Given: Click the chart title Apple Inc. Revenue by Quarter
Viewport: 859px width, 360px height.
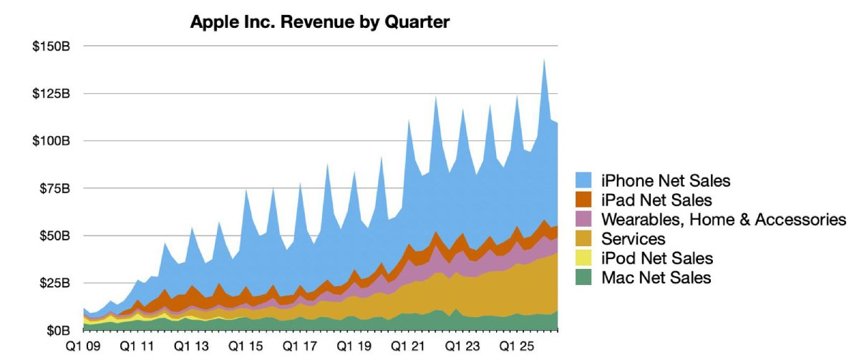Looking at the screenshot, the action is [x=320, y=22].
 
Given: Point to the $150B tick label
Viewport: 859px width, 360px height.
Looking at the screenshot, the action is [x=52, y=47].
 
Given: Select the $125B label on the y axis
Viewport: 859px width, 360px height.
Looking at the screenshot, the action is [x=52, y=94].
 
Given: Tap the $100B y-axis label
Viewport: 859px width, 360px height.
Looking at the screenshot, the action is [x=52, y=141].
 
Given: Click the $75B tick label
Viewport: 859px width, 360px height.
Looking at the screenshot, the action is [x=55, y=189].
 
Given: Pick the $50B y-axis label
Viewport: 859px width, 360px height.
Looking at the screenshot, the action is [x=55, y=235].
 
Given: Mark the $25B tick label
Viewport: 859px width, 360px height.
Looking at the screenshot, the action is [x=55, y=283].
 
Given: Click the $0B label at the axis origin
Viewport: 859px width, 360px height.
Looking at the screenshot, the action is [x=58, y=331].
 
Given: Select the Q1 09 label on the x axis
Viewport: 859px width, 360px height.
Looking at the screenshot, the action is [x=83, y=346].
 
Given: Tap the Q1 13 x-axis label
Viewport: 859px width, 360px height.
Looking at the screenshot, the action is [x=191, y=346].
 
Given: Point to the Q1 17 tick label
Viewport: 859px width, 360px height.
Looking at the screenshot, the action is [x=300, y=346].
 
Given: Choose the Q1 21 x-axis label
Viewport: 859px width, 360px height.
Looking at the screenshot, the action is [x=408, y=346].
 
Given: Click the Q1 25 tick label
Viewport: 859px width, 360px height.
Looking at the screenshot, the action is [x=517, y=346].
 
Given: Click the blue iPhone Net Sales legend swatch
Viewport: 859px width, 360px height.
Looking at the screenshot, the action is [x=583, y=180].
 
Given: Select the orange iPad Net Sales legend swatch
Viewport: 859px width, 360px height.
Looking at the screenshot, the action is [x=583, y=200].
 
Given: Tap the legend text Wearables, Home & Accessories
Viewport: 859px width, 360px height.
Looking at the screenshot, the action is [x=724, y=220].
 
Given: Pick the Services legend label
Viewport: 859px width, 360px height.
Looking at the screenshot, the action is [x=633, y=239].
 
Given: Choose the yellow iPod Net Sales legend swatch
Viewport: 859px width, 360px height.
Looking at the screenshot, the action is [x=583, y=258].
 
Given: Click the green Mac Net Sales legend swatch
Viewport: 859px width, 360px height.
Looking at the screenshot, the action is [x=583, y=277].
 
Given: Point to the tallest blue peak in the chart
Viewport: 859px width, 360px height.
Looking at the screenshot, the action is [x=544, y=59].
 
